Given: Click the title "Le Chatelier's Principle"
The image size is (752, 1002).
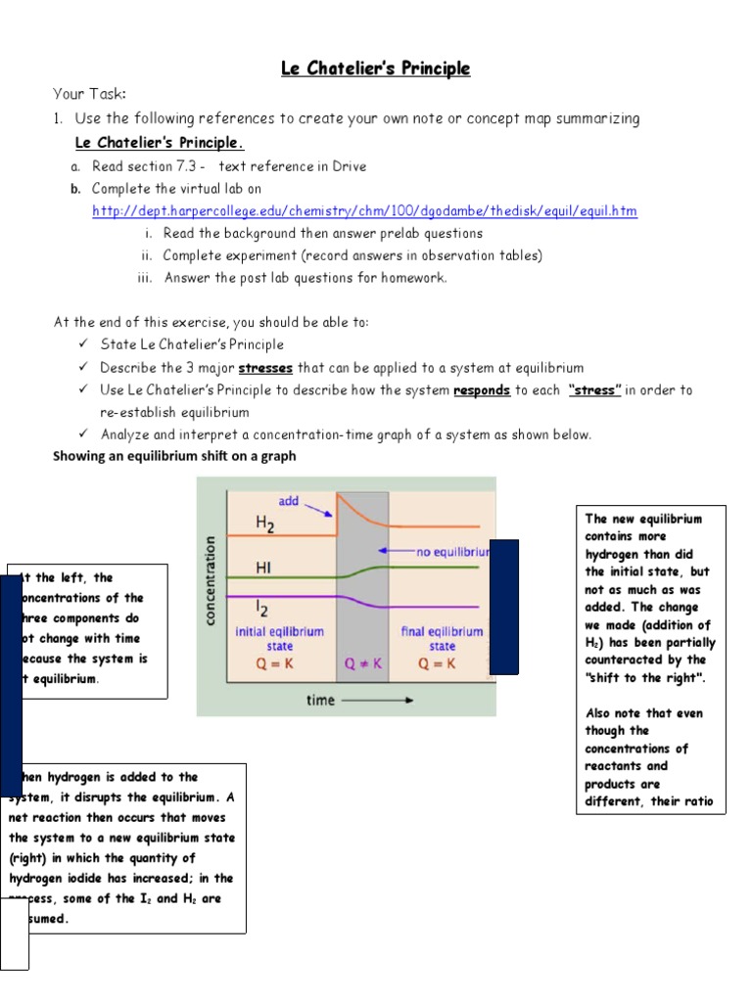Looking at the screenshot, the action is [x=375, y=68].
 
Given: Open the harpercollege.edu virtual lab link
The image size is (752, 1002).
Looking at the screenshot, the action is [x=364, y=211].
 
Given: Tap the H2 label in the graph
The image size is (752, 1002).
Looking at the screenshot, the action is [x=265, y=524].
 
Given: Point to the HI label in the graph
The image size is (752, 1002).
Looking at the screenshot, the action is [x=263, y=568].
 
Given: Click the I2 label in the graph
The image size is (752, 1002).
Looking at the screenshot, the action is [x=261, y=609].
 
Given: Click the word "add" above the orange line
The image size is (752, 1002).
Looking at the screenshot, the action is [x=289, y=501].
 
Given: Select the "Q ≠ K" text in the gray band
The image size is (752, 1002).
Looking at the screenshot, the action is [x=362, y=663].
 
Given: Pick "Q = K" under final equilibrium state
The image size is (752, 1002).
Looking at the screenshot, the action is [x=441, y=663].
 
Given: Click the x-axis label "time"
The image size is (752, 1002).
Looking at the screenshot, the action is [x=320, y=700].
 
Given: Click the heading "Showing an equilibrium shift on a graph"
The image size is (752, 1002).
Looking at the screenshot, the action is [x=173, y=456].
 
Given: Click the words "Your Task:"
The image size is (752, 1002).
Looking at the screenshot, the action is [x=90, y=94].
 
